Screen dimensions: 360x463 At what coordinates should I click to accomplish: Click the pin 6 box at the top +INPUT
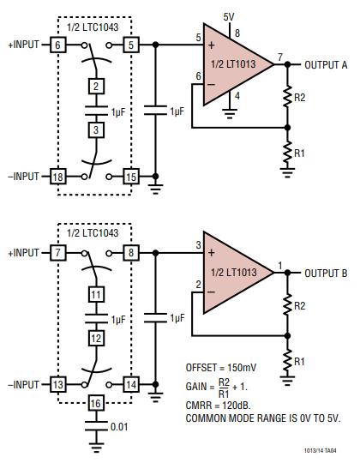(57, 45)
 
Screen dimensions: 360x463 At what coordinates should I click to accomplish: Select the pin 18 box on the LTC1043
(57, 177)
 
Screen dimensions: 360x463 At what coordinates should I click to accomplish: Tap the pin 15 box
(131, 177)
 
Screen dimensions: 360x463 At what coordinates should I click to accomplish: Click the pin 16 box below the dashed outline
(96, 403)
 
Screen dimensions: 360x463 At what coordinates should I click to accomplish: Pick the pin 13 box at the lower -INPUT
(57, 384)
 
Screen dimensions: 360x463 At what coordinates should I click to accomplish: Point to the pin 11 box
(96, 294)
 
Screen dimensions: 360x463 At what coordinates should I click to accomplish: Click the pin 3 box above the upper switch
(96, 130)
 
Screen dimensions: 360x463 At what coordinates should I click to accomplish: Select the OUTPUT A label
(326, 65)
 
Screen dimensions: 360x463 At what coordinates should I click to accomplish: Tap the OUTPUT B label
(326, 274)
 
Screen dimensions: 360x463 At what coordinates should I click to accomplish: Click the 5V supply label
(229, 17)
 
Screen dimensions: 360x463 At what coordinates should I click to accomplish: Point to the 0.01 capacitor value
(119, 427)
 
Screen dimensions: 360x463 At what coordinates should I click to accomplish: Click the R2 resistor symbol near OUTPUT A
(287, 97)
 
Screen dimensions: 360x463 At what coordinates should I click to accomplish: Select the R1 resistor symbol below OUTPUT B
(287, 360)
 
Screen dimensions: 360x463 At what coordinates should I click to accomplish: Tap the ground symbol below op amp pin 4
(230, 114)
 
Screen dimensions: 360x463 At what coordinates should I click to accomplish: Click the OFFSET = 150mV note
(221, 368)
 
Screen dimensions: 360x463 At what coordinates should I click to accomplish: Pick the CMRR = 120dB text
(218, 405)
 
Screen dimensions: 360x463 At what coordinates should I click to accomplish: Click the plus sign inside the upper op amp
(211, 45)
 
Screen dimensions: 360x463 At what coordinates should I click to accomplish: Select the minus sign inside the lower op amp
(211, 292)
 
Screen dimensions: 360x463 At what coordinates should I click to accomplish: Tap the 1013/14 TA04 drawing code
(321, 451)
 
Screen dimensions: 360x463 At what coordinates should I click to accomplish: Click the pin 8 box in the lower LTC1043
(131, 253)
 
